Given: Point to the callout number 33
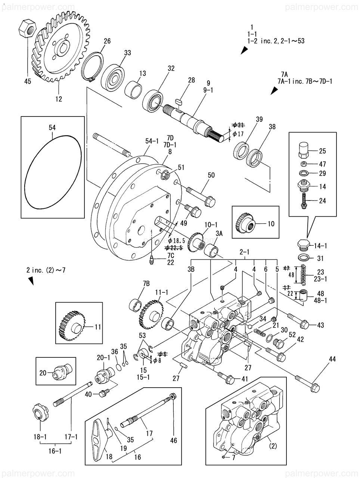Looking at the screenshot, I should [x=127, y=53].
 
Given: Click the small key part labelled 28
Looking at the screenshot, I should [x=179, y=100].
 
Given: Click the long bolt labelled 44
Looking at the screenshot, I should [x=308, y=383].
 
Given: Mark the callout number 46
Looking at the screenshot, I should [x=173, y=441].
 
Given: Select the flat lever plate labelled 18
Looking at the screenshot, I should [x=99, y=437].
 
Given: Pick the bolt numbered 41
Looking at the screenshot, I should [x=226, y=378].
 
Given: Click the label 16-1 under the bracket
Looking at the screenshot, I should [x=55, y=451].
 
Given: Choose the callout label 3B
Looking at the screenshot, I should [x=191, y=268].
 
